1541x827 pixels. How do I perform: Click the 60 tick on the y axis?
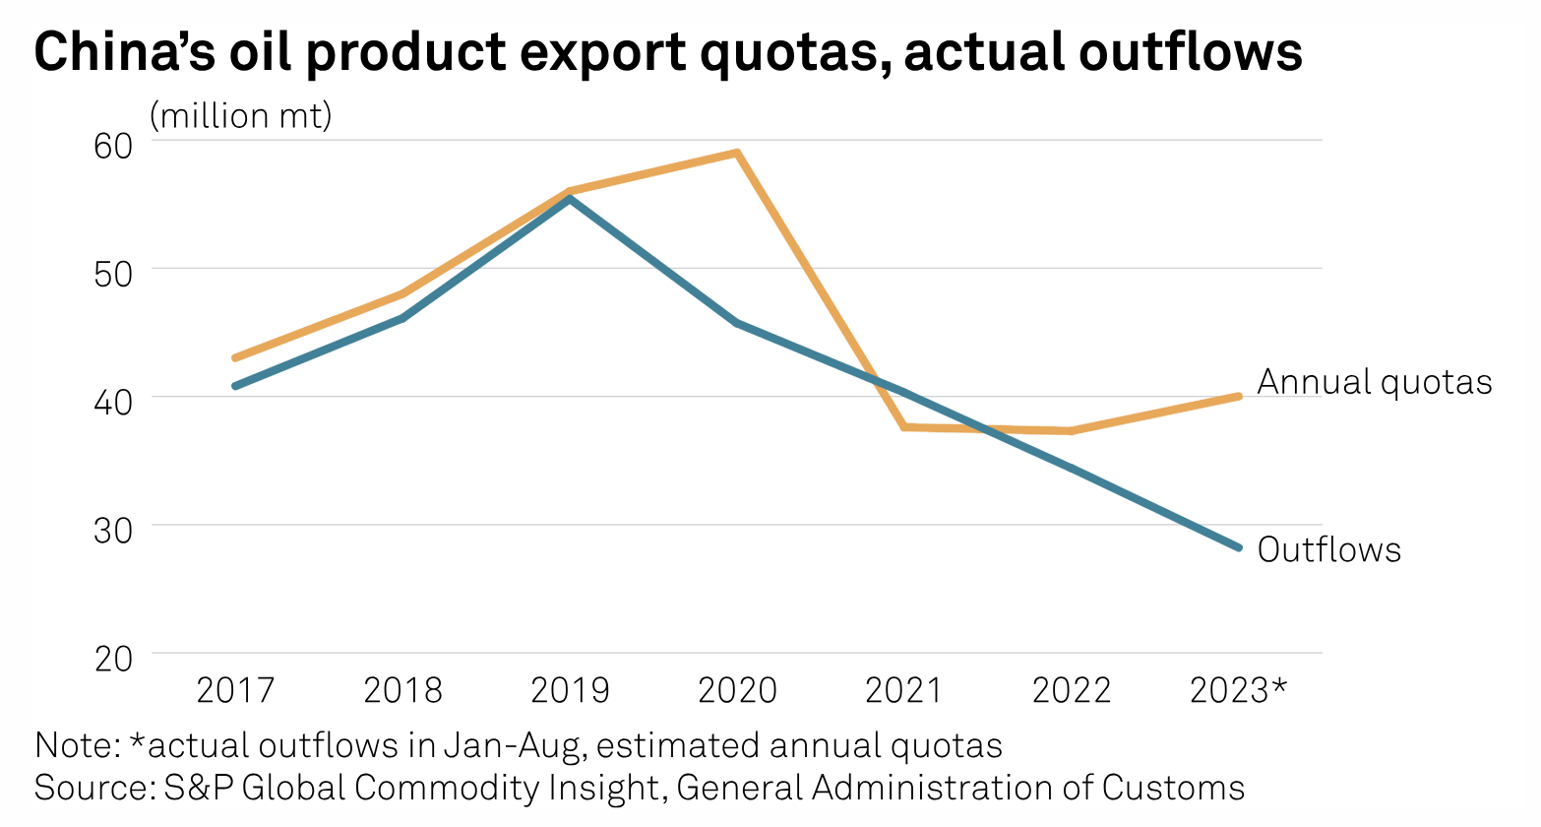tap(113, 146)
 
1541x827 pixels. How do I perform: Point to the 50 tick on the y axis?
tap(113, 273)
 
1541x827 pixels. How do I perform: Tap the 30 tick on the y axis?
tap(113, 530)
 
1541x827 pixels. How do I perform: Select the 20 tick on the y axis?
tap(113, 658)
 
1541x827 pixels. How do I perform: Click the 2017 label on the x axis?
tap(235, 690)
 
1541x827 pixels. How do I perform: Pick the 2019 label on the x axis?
tap(570, 690)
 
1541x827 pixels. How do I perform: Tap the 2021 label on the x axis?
tap(904, 690)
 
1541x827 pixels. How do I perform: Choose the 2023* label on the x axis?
tap(1238, 690)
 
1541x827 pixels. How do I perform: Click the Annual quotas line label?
tap(1374, 382)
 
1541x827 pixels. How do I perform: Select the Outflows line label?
tap(1328, 549)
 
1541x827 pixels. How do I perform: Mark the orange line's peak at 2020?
tap(737, 153)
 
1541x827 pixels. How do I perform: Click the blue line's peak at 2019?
tap(570, 199)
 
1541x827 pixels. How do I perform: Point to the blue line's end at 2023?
tap(1238, 547)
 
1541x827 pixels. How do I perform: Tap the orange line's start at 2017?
tap(235, 358)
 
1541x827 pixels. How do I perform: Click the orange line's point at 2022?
tap(1071, 430)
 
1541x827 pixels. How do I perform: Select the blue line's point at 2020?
tap(737, 323)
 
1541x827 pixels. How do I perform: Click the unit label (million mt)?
tap(241, 116)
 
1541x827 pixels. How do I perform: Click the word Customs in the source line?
tap(1173, 788)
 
